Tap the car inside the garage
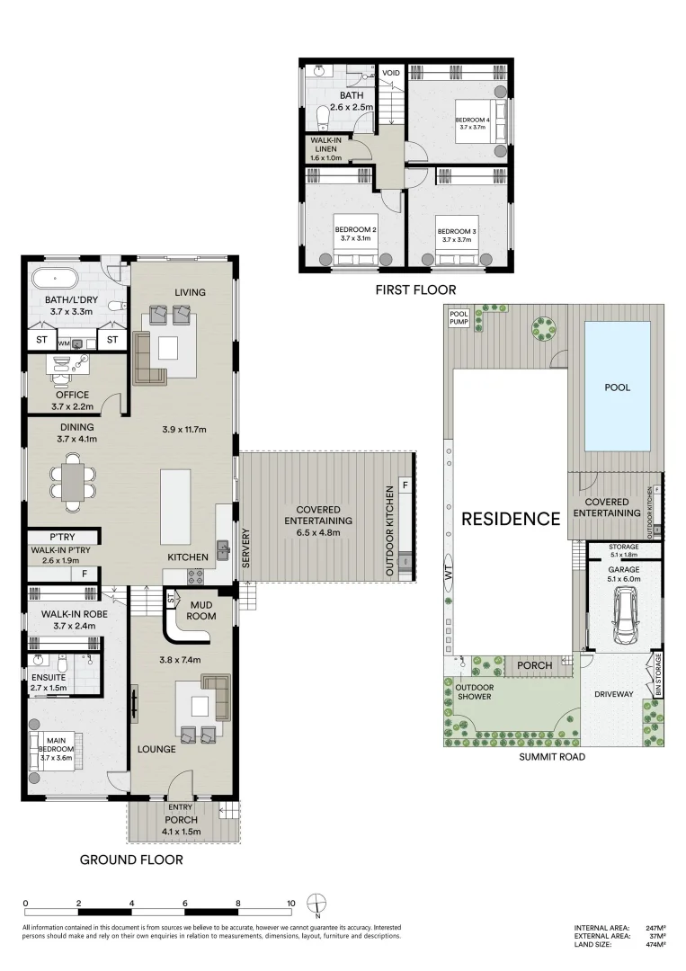[x=624, y=616]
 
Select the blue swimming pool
[x=618, y=386]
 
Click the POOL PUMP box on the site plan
[x=459, y=318]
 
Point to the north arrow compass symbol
[x=316, y=904]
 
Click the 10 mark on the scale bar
[x=291, y=903]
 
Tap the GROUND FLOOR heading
[x=131, y=860]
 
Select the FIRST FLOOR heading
[x=415, y=290]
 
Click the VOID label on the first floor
[x=391, y=73]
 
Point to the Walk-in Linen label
[x=325, y=148]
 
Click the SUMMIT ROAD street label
[x=552, y=757]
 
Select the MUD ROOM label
[x=201, y=610]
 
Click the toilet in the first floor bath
[x=324, y=117]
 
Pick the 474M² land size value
[x=654, y=944]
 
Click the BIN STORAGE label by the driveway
[x=658, y=675]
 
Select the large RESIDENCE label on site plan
[x=511, y=519]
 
